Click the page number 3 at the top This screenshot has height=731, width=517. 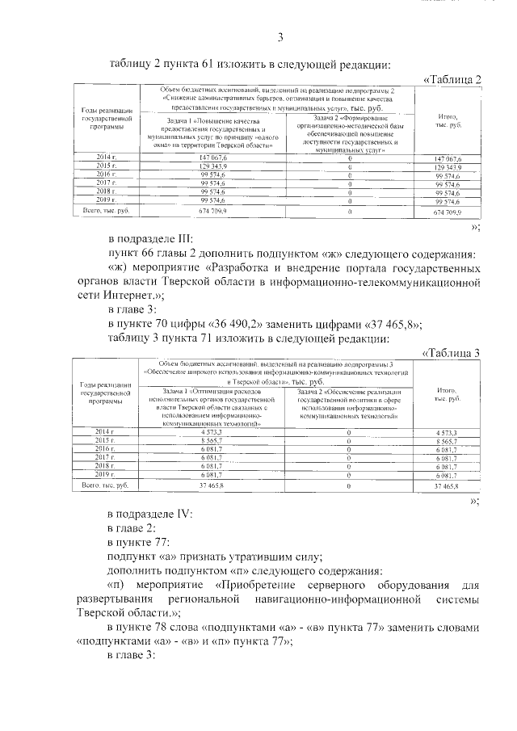pyautogui.click(x=280, y=36)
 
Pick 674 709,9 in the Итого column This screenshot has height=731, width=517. pyautogui.click(x=447, y=212)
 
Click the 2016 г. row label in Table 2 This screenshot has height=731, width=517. pyautogui.click(x=107, y=174)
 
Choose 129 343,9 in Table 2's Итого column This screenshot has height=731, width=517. pyautogui.click(x=447, y=166)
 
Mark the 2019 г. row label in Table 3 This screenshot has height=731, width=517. pyautogui.click(x=107, y=476)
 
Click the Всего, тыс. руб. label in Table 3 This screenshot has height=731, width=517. pyautogui.click(x=107, y=486)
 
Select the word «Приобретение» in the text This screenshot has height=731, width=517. pyautogui.click(x=259, y=583)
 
